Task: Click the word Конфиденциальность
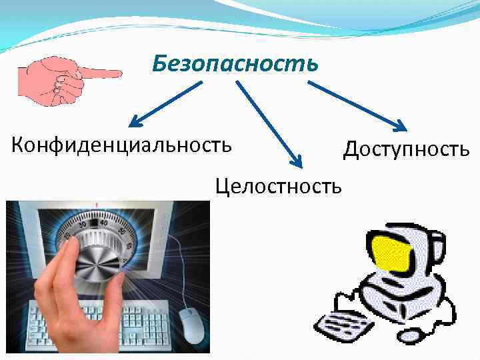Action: click(122, 143)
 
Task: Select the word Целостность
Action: click(278, 185)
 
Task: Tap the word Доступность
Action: click(406, 149)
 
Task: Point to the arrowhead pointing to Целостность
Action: click(297, 161)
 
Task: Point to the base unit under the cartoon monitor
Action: click(400, 300)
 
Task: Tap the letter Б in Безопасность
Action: click(159, 64)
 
